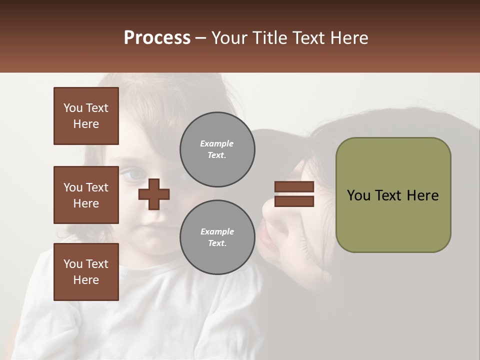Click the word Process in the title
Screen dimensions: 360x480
point(157,38)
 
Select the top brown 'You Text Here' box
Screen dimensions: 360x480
point(86,116)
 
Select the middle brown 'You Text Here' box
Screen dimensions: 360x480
point(86,195)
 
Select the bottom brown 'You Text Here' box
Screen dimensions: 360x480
point(86,271)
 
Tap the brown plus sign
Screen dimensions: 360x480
point(154,194)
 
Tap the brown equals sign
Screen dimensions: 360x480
point(294,194)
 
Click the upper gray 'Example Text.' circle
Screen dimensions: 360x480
point(217,149)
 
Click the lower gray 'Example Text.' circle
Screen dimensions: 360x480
point(217,237)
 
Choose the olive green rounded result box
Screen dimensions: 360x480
point(393,195)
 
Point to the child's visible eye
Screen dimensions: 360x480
point(131,174)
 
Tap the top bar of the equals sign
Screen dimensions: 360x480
point(294,186)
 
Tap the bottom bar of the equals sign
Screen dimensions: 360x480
point(294,201)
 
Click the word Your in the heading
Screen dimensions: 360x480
point(229,38)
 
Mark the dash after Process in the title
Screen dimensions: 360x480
point(201,38)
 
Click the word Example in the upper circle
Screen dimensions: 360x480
point(217,143)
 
